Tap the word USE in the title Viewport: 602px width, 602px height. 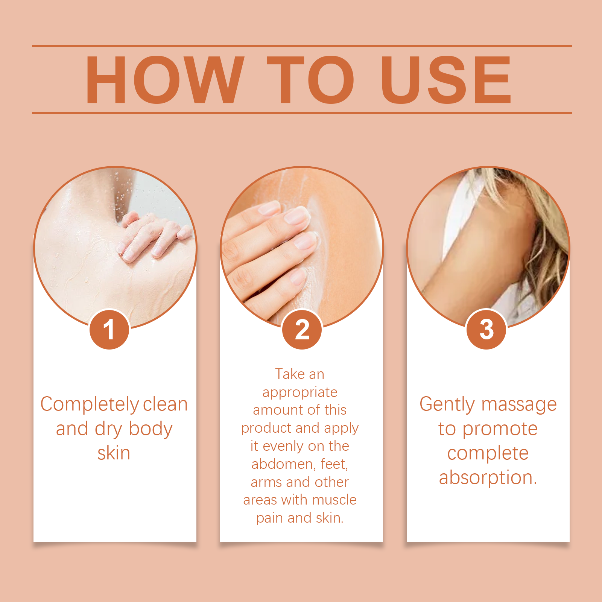tap(446, 79)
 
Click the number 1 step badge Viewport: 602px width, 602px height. tap(109, 330)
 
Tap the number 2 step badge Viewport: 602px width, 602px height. tap(302, 330)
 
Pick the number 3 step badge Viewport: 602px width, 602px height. tap(486, 330)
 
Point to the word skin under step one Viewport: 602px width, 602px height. tap(114, 453)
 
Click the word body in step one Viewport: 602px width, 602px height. tap(150, 429)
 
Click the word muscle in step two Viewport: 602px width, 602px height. tap(334, 500)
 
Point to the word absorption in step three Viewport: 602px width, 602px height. tap(488, 478)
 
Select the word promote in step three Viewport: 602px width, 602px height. tap(500, 430)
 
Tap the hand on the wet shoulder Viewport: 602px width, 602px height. tap(152, 235)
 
